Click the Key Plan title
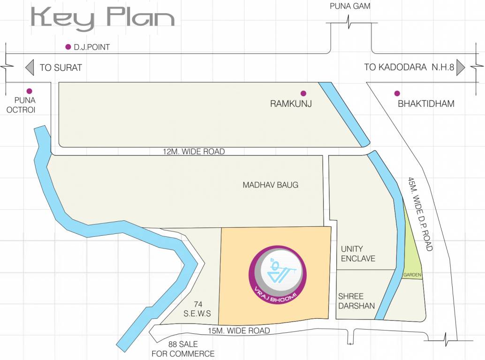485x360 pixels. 102,19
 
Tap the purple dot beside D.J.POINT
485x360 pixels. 68,47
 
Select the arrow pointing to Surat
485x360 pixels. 30,67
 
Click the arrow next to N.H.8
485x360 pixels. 460,67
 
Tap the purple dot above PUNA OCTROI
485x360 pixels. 29,91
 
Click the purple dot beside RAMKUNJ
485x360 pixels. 303,93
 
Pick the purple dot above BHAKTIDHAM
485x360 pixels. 397,93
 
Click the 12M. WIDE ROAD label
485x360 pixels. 194,151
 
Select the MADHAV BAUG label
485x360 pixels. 270,185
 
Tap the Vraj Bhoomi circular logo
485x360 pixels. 277,271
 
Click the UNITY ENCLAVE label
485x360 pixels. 358,254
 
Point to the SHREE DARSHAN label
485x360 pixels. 356,301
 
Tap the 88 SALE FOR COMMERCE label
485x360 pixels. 183,349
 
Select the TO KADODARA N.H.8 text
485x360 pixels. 409,67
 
